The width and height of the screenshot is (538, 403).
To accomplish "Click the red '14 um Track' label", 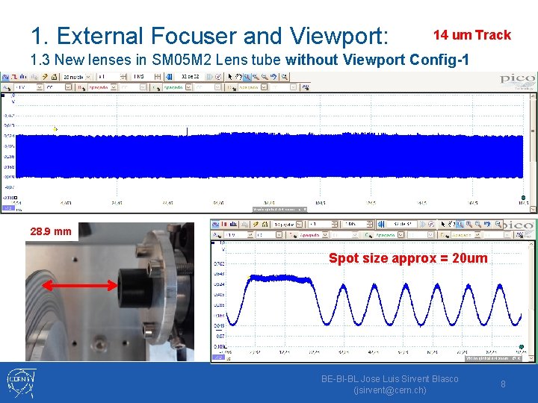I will (472, 35).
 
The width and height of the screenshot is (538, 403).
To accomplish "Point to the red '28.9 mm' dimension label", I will (52, 231).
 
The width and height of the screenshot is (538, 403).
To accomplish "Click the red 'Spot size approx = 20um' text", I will (408, 258).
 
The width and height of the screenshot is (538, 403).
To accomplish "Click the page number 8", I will (504, 384).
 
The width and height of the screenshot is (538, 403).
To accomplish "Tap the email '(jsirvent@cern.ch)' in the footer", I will (389, 390).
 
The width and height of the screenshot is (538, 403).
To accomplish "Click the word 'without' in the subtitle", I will (312, 60).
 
